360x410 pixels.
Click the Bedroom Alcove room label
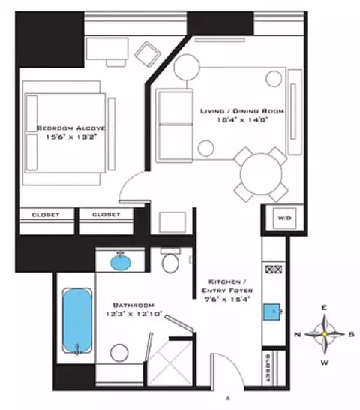pos(71,129)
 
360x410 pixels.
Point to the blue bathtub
pos(76,321)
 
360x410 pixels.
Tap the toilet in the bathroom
pos(170,264)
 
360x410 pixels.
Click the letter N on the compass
pos(298,333)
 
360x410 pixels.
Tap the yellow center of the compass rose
pos(324,333)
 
